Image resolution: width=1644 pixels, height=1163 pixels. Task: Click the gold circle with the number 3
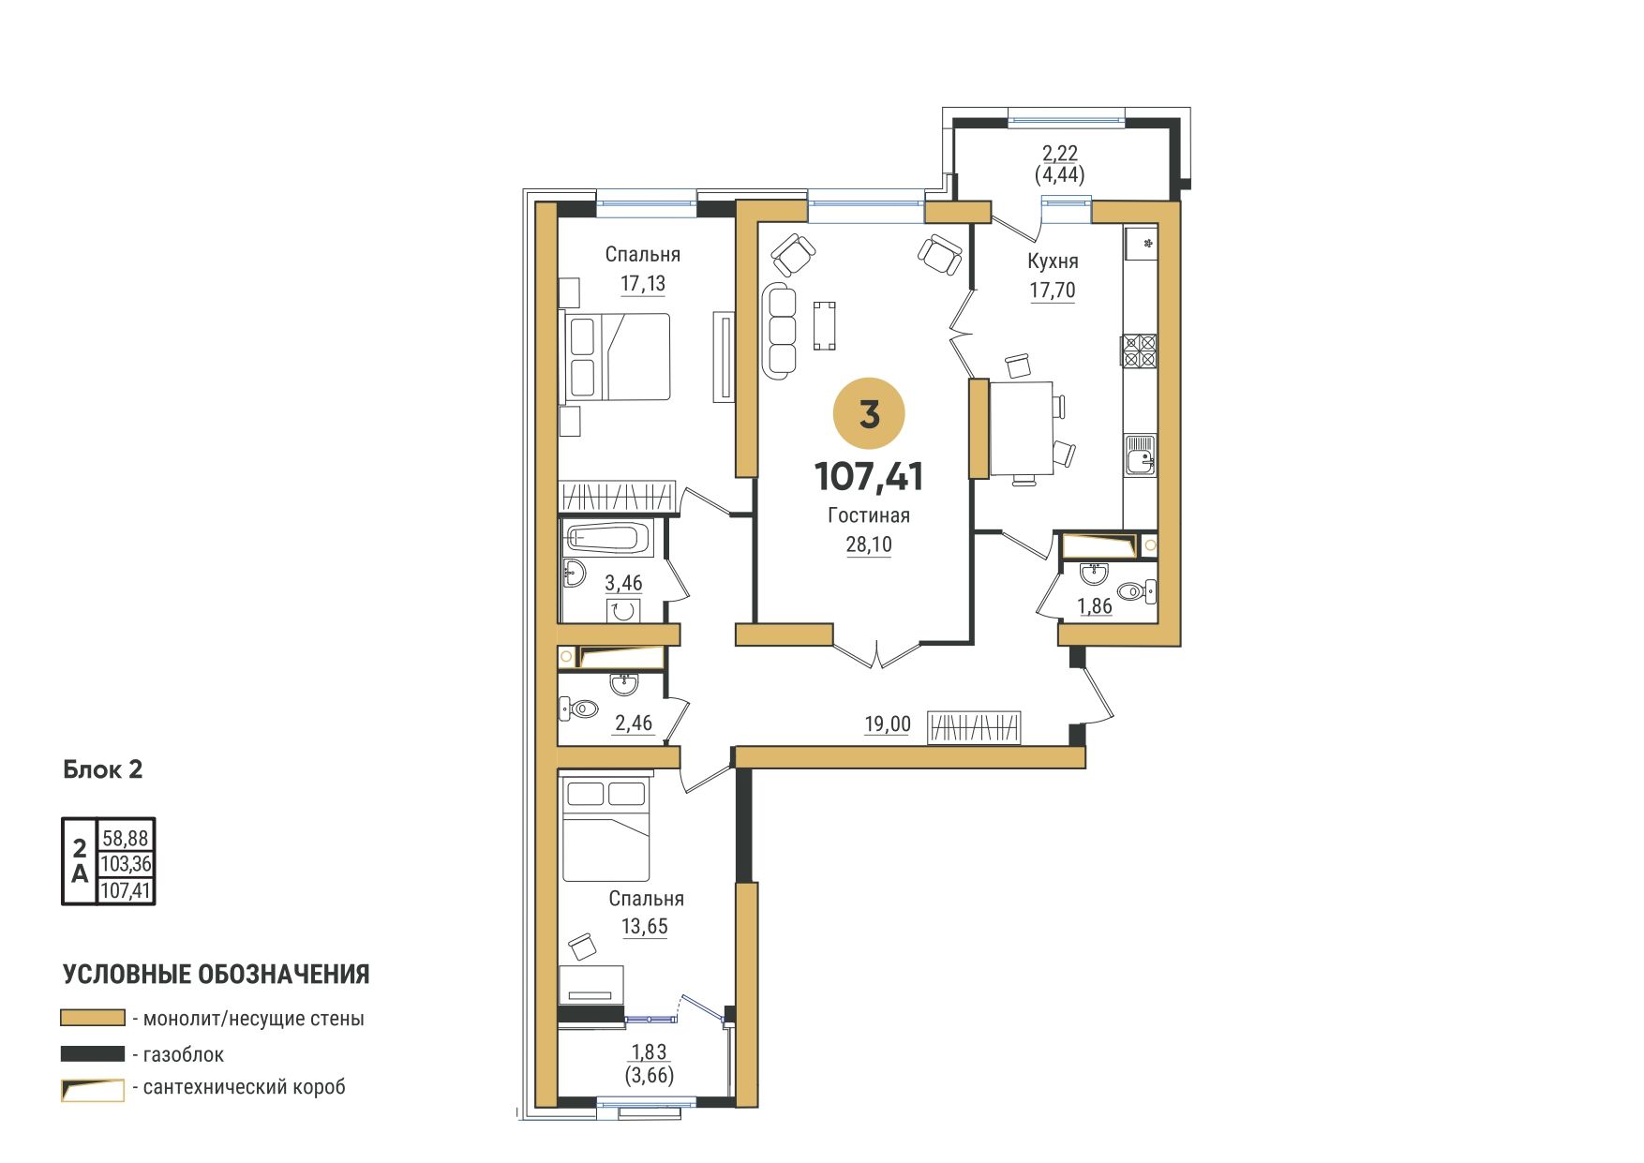pos(869,413)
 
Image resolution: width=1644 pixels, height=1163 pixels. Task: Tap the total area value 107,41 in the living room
pos(869,477)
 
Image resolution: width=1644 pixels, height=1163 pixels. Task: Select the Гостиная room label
pos(869,515)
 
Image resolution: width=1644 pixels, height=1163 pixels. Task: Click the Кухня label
pos(1053,261)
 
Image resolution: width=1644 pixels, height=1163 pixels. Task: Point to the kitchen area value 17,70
pos(1053,291)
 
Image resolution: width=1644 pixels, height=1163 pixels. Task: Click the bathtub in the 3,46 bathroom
pos(606,539)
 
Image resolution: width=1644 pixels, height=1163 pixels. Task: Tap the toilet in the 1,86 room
pos(1138,590)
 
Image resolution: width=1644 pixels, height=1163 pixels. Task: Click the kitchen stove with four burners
pos(1139,350)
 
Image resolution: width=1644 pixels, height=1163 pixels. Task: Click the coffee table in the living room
pos(825,325)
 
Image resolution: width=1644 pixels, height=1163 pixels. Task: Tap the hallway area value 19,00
pos(887,723)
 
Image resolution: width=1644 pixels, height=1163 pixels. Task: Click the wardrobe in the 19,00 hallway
pos(974,728)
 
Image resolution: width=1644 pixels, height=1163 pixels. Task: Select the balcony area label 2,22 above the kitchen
pos(1060,153)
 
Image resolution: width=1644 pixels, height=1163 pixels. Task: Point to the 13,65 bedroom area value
pos(645,927)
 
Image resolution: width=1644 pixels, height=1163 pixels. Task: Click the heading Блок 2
pos(103,770)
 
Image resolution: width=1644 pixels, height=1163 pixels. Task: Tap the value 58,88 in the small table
pos(126,837)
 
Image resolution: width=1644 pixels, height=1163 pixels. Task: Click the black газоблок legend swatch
pos(93,1053)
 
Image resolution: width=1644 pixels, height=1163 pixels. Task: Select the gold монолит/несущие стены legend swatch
pos(93,1018)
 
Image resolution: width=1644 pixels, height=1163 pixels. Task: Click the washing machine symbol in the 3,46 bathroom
pos(623,611)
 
